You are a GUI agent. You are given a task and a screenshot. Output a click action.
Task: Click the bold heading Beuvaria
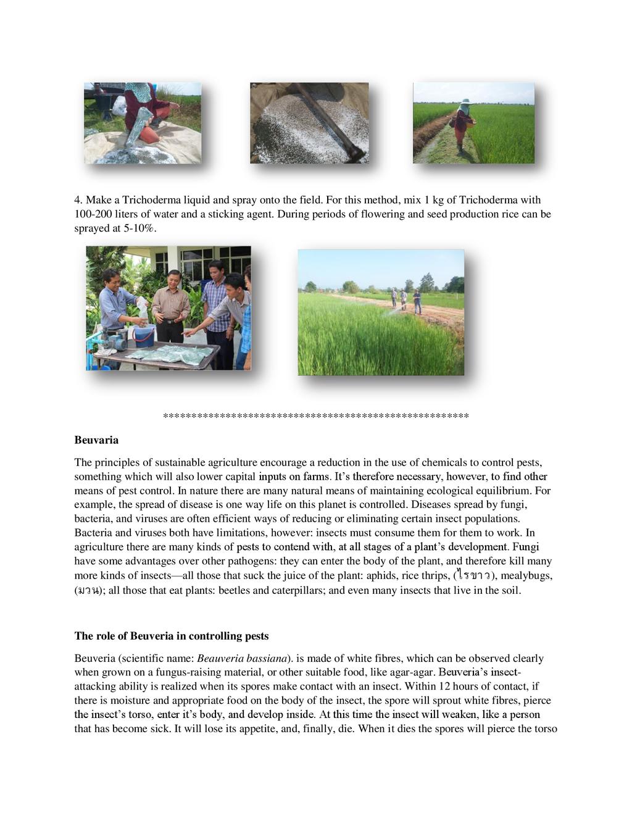(96, 440)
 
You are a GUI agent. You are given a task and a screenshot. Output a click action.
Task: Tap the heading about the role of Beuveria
(171, 636)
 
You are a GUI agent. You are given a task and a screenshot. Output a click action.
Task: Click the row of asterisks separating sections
(315, 417)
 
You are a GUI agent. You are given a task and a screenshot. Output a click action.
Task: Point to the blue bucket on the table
(143, 336)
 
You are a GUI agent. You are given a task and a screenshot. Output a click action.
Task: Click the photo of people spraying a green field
(380, 312)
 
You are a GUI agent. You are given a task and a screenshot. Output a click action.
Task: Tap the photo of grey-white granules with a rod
(309, 123)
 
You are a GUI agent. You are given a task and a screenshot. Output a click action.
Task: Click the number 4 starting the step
(78, 200)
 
